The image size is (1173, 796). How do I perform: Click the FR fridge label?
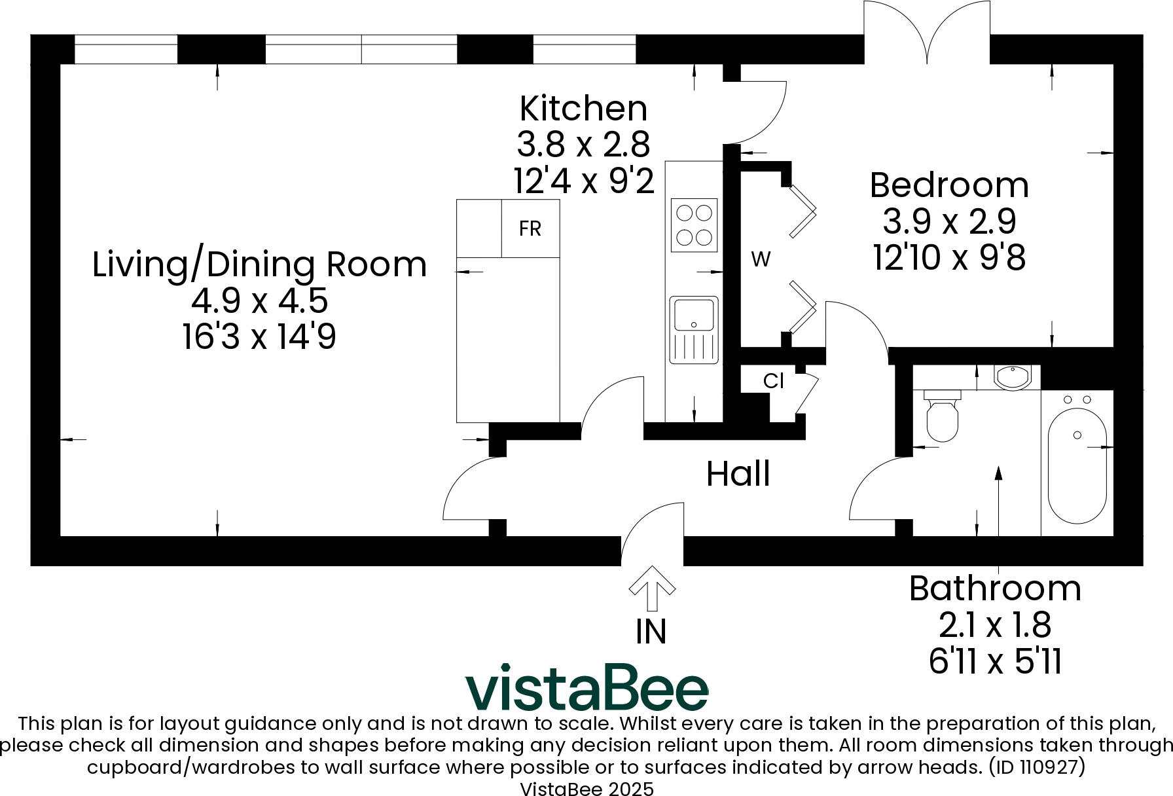530,228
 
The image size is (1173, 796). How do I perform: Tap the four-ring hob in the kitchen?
694,225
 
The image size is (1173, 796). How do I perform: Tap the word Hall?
738,473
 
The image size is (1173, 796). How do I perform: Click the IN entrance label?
651,632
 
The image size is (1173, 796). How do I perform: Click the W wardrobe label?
761,260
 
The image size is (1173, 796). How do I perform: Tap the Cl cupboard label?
773,381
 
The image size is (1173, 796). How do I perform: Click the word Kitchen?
583,109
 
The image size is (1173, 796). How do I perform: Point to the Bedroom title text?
948,185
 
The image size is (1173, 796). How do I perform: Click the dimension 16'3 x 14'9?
259,338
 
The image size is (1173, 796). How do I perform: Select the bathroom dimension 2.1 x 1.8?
994,625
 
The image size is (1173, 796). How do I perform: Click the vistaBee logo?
586,688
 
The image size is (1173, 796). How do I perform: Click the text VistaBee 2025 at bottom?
586,788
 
